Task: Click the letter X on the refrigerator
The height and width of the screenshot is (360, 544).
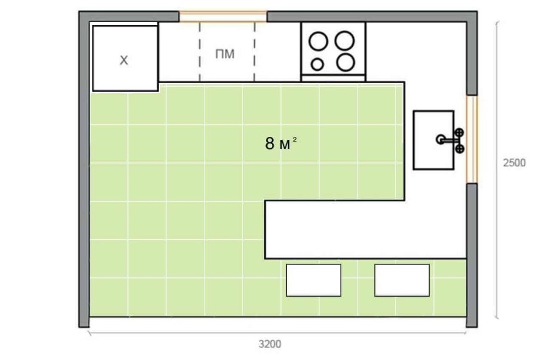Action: coord(124,60)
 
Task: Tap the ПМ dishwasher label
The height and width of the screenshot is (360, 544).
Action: coord(225,54)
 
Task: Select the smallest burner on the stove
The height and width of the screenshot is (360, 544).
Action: coord(317,64)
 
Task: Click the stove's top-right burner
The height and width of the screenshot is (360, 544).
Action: coord(344,41)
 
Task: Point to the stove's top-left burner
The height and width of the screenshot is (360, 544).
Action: coord(318,41)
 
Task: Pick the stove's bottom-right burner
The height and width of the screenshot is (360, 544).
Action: coord(346,62)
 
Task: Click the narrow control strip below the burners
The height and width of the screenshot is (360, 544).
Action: coord(333,78)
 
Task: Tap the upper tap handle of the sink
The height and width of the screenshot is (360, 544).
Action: coord(459,132)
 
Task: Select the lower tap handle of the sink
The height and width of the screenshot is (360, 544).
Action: coord(460,149)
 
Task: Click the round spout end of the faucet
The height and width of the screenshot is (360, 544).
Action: coord(440,139)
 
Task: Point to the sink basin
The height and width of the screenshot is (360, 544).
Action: coord(433,141)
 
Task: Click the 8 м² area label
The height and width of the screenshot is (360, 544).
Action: coord(281,143)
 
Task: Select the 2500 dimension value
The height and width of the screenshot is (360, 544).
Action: coord(515,163)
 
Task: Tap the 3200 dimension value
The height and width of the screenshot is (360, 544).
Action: coord(270,344)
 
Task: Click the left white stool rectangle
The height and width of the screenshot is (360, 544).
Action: coord(314,280)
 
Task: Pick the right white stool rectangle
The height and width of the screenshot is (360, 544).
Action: coord(402,280)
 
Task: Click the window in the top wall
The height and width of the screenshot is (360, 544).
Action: coord(223,16)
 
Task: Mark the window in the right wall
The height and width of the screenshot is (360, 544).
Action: coord(472,139)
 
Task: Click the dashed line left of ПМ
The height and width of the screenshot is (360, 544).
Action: coord(200,51)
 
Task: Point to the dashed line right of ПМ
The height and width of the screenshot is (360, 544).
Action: coord(255,51)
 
